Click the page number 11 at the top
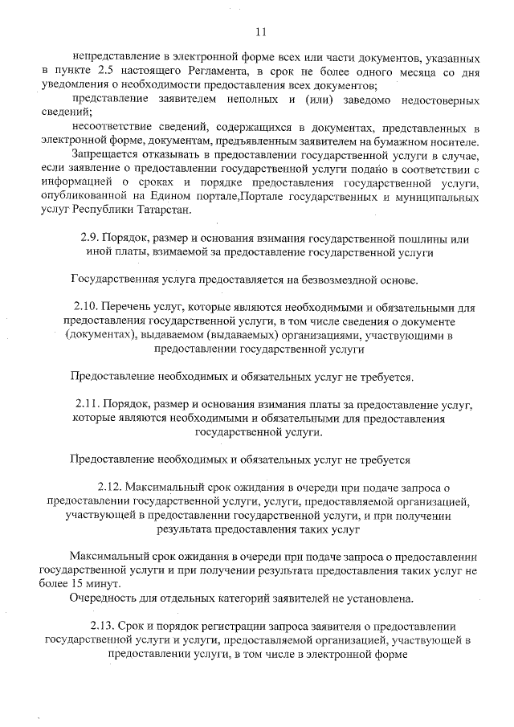coord(259,32)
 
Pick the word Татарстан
coord(165,210)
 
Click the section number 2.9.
coord(91,239)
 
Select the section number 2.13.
coord(102,626)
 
